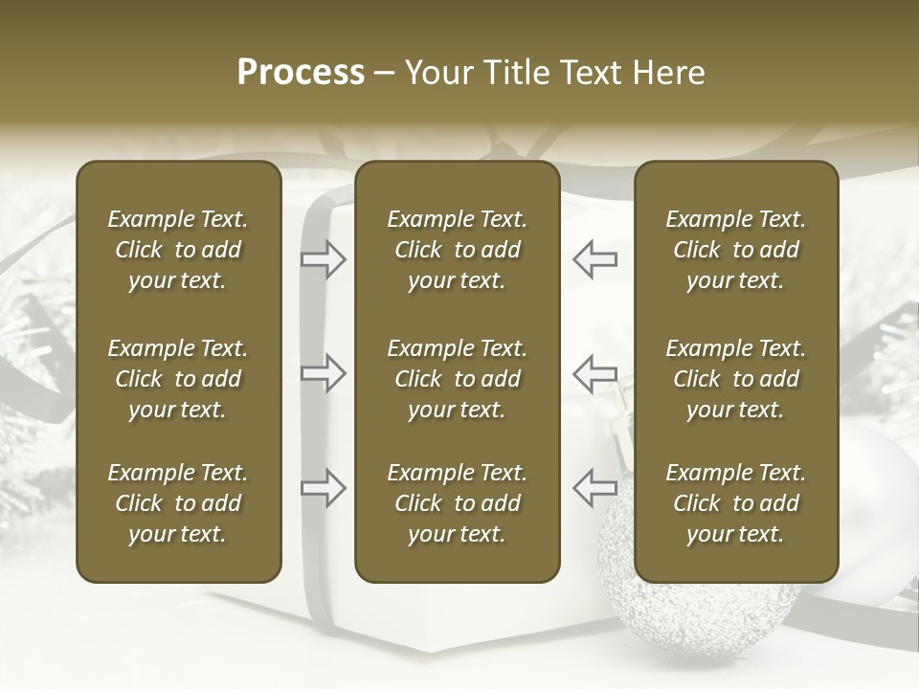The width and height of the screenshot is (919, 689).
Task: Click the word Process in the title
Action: point(301,73)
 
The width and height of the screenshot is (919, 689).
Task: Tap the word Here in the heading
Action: point(670,73)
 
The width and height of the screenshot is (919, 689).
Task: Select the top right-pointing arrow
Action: point(324,258)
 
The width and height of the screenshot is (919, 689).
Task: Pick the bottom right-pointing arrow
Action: point(324,488)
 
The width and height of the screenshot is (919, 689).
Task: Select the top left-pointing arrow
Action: point(594,258)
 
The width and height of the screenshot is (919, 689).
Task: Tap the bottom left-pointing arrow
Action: point(594,488)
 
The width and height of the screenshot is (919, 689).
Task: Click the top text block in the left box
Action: point(178,250)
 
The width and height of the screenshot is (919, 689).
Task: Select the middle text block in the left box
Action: point(178,379)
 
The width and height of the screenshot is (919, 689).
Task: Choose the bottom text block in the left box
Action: point(178,503)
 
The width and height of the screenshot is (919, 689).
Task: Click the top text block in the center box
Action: point(458,250)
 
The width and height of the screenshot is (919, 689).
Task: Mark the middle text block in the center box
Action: point(458,379)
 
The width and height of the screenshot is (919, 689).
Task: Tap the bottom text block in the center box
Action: point(458,503)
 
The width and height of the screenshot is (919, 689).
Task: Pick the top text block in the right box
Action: point(736,250)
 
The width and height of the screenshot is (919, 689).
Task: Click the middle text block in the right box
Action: point(736,379)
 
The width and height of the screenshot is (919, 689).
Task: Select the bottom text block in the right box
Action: point(736,503)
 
